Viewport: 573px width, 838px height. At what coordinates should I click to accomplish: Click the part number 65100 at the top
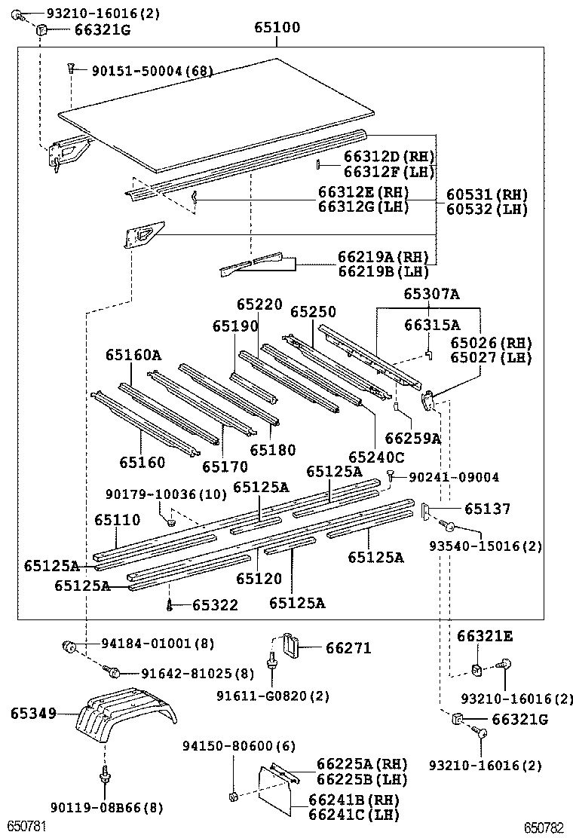(x=276, y=28)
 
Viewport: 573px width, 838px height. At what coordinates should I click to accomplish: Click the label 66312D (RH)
(x=389, y=157)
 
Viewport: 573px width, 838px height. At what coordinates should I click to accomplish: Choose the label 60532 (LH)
(x=486, y=209)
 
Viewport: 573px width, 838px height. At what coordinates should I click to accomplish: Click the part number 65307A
(x=431, y=295)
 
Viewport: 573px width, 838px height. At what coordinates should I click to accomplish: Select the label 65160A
(x=133, y=354)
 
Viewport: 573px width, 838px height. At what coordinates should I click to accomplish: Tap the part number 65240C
(x=375, y=457)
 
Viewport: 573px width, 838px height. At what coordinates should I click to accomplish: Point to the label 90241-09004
(x=454, y=477)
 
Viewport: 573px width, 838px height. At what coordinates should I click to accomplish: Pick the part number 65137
(x=487, y=510)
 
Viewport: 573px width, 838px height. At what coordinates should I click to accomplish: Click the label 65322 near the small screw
(x=215, y=605)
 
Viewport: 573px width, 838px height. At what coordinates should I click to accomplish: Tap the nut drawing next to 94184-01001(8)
(x=69, y=645)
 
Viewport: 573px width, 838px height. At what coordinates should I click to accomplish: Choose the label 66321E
(x=484, y=638)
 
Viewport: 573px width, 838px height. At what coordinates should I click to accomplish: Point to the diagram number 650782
(x=544, y=827)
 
